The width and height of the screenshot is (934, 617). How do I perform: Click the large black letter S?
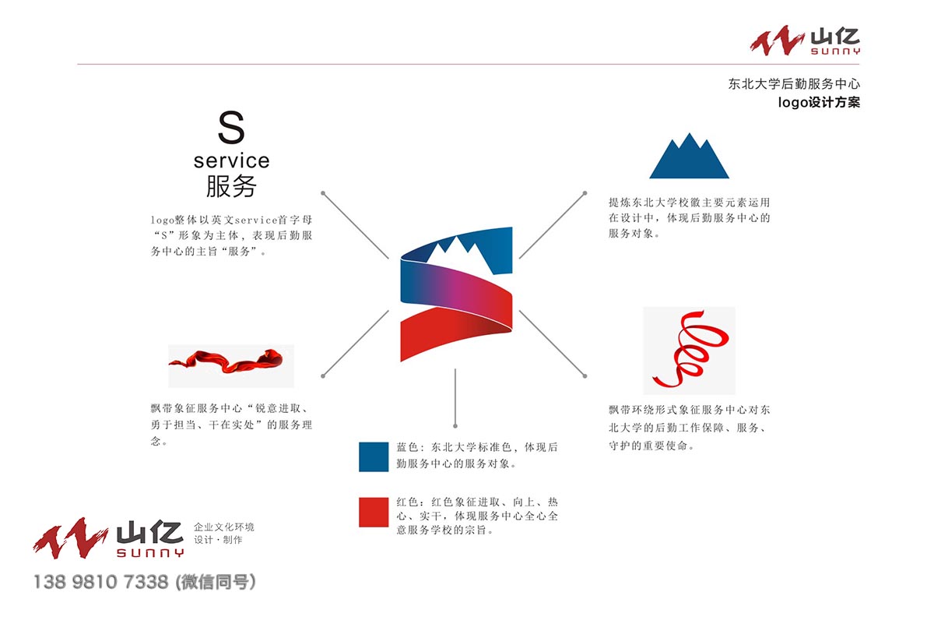coord(231,127)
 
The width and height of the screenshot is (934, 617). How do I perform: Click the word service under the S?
coord(232,160)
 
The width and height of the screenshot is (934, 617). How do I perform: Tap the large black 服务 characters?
coord(231,185)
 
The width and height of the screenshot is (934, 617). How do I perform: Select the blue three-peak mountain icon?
coord(690,156)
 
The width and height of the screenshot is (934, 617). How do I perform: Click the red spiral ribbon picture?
coord(690,351)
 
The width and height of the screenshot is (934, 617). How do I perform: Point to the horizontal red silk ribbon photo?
coord(231,366)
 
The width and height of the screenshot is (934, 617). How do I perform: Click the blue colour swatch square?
coord(374,457)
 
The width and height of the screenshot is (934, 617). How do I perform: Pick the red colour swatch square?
coord(374,512)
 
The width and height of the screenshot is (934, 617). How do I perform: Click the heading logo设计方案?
coord(819,102)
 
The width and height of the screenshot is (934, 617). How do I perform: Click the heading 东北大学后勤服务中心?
coord(794,84)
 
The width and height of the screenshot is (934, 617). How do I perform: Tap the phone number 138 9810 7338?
coord(100,582)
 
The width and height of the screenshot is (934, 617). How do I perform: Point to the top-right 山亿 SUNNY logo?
coord(805,41)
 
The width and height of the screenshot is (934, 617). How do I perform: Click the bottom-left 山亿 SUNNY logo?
coord(108,538)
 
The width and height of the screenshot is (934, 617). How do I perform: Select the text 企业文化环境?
coord(224,527)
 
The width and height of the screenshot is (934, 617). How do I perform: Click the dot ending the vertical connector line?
coord(455,426)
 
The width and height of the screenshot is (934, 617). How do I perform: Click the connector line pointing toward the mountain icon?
coord(552,226)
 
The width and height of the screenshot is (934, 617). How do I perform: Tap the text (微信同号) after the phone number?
coord(216,582)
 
